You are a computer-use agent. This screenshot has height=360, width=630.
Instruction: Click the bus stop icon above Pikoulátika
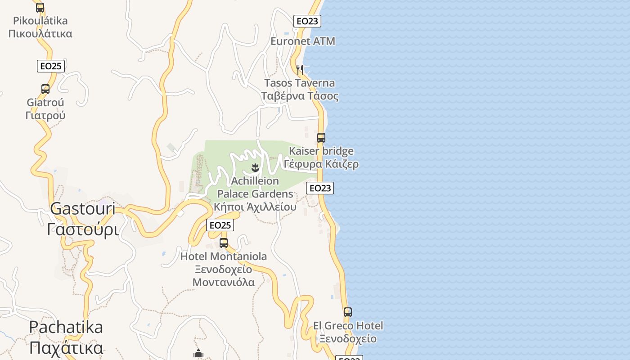point(40,7)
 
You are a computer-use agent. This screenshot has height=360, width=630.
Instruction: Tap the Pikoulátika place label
point(40,27)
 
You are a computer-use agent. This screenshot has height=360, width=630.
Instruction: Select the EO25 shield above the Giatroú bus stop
point(51,66)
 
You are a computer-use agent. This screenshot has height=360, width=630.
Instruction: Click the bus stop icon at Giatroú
point(45,89)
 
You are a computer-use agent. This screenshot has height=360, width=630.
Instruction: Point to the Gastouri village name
point(83,219)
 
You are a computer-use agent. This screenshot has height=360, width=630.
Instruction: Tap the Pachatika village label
point(66,337)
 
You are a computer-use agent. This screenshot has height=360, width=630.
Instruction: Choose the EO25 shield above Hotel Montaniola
point(220,225)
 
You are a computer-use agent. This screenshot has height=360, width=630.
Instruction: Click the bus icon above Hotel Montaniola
point(224,243)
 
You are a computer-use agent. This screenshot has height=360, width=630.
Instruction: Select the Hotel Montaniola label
point(224,269)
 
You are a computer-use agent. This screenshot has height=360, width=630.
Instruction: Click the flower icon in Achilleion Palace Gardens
point(255,168)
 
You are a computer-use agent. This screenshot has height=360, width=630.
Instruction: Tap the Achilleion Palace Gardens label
point(255,193)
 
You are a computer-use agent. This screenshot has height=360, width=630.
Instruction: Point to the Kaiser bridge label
point(321,157)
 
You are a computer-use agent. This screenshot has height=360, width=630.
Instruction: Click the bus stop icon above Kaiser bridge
point(321,137)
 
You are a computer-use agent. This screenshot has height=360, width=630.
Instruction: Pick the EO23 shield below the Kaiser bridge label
point(320,188)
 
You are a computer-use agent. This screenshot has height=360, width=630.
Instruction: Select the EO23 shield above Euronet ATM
point(307,21)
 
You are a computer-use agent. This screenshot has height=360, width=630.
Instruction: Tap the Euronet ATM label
point(303,41)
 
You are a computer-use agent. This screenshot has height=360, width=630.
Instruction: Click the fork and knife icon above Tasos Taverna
point(300,69)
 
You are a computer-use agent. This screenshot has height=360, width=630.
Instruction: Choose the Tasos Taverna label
point(300,89)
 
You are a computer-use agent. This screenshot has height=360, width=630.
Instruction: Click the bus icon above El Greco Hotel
point(348,312)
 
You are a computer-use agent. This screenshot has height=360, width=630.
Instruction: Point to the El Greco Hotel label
point(348,332)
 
